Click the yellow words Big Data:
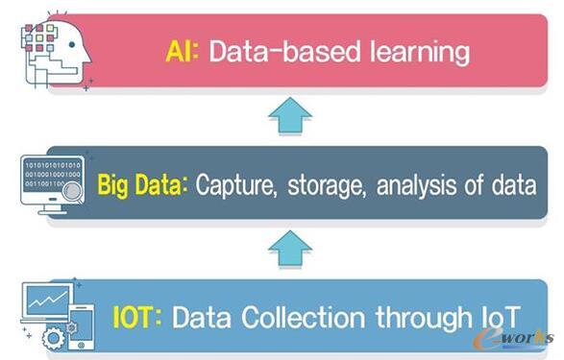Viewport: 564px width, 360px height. click(x=141, y=183)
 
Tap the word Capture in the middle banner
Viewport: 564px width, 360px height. click(x=233, y=184)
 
